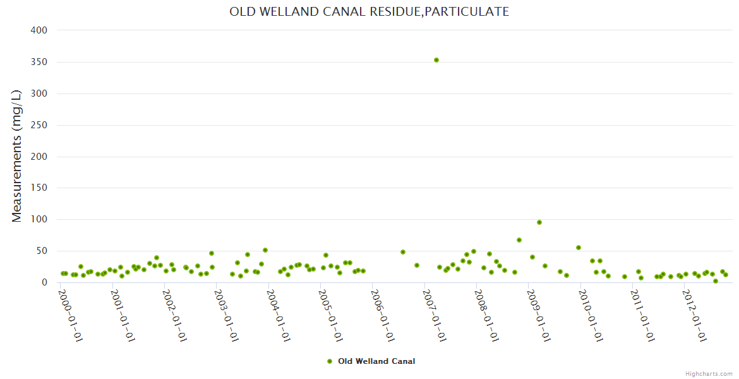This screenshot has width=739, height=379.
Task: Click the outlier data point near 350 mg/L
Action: tap(436, 60)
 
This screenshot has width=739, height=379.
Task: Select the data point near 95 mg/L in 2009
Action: tap(539, 222)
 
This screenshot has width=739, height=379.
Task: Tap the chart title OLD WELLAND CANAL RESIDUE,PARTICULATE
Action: tap(369, 12)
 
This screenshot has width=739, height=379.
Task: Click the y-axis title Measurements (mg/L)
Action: tap(17, 155)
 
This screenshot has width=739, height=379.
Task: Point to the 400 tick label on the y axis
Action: tap(39, 30)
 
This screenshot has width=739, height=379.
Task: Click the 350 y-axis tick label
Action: tap(39, 62)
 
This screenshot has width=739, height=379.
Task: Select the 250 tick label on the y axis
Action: tap(39, 125)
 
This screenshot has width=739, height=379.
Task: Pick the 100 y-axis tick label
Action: tap(39, 220)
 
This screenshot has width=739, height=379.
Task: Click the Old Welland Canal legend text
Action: tap(376, 361)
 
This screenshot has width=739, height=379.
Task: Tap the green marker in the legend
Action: tap(329, 361)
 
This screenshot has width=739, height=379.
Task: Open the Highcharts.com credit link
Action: tap(709, 373)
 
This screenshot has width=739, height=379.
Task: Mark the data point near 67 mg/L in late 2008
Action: tap(519, 240)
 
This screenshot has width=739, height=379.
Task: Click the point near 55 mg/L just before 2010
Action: tap(579, 248)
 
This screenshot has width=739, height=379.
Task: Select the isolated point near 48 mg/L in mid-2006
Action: tap(403, 252)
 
